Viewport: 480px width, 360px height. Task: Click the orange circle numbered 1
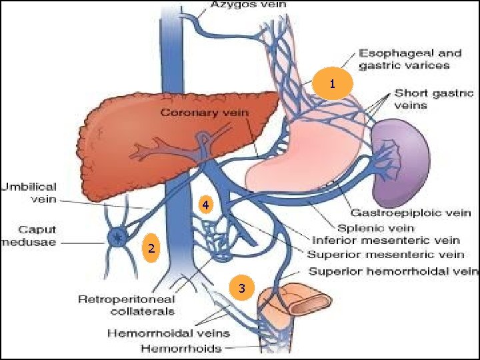[x=332, y=84]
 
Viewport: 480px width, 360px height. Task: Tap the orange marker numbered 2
[x=151, y=249]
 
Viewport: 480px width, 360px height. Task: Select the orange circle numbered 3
[x=242, y=288]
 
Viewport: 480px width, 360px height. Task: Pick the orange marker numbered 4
[x=207, y=205]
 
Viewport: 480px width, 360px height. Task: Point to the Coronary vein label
[x=203, y=113]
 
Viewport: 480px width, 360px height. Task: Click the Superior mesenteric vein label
[x=385, y=254]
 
